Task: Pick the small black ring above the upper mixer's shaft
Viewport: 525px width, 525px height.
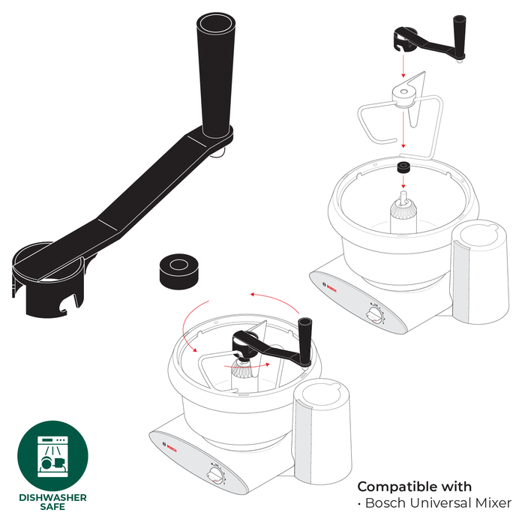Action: (x=403, y=168)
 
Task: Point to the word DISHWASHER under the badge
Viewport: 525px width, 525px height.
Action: (x=52, y=497)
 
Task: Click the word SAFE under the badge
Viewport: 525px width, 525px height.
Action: (x=52, y=508)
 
